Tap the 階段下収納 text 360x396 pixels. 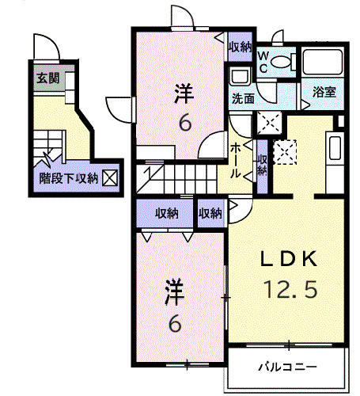(x=69, y=178)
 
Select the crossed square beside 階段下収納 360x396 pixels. (x=108, y=178)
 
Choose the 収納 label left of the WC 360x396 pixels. (x=241, y=48)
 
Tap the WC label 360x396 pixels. (x=265, y=62)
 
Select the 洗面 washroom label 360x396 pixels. (x=243, y=99)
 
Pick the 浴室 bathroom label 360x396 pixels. (x=324, y=92)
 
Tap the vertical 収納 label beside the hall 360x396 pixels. (x=261, y=162)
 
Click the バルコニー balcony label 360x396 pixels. (x=289, y=367)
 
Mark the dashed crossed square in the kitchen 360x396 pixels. (x=284, y=150)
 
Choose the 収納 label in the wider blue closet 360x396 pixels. (x=165, y=213)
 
